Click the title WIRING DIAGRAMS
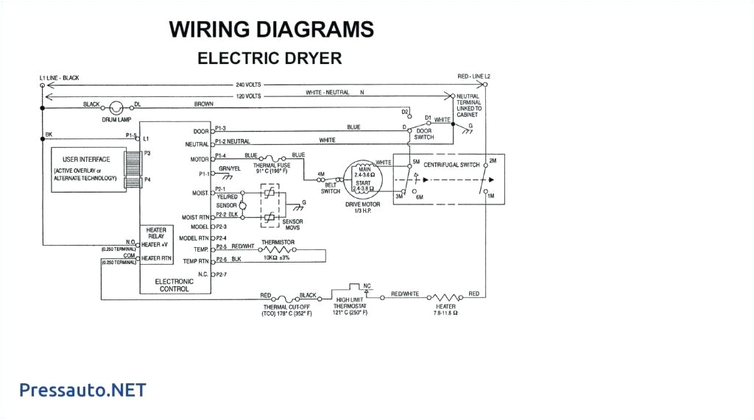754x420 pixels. click(x=271, y=29)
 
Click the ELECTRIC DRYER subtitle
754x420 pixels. click(x=269, y=59)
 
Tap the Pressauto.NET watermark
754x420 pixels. click(x=82, y=390)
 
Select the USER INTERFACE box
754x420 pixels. click(x=86, y=168)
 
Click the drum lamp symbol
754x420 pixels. click(x=116, y=107)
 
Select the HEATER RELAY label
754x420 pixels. click(x=156, y=233)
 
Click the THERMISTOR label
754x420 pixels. click(x=278, y=242)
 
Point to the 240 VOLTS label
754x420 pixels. click(x=250, y=85)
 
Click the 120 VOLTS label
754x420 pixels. click(x=249, y=96)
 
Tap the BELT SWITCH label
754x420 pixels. click(x=331, y=188)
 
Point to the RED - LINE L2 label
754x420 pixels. click(x=473, y=76)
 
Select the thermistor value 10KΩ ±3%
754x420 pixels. click(x=277, y=257)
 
